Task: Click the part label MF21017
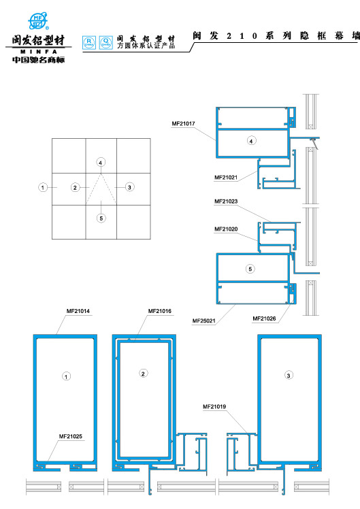[184, 124]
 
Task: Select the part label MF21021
[226, 178]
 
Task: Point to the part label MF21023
[226, 201]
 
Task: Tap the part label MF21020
[226, 229]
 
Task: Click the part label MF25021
[204, 321]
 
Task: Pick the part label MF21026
[264, 318]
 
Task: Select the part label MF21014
[78, 311]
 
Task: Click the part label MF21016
[160, 311]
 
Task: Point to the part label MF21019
[214, 406]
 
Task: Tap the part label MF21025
[70, 436]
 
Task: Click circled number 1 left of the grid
[42, 186]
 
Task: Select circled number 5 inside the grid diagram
[101, 218]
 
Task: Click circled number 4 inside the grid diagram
[101, 163]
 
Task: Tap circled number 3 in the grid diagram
[129, 186]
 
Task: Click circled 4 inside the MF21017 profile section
[251, 141]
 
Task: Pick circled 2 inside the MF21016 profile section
[143, 373]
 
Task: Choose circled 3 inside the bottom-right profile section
[289, 376]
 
